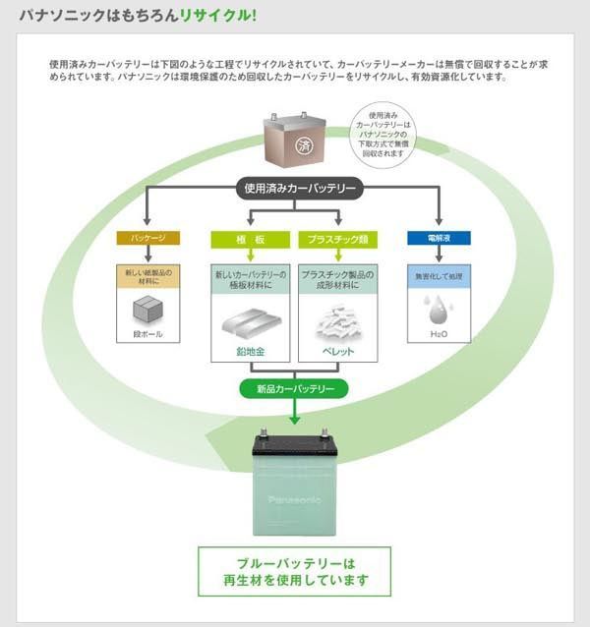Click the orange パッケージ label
(147, 238)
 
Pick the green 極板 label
(252, 239)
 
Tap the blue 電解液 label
(439, 238)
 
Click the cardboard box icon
(147, 310)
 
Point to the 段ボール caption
(147, 335)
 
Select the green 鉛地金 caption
(252, 351)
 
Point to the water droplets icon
(439, 310)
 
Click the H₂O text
(439, 334)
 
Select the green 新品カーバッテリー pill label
(295, 388)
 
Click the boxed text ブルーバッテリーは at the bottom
(295, 563)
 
